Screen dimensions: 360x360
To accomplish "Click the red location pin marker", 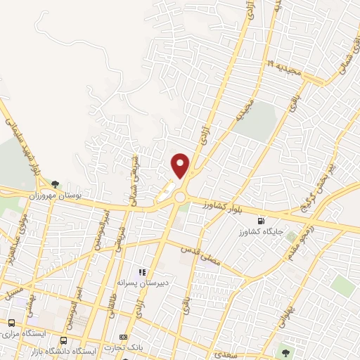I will point(181,165).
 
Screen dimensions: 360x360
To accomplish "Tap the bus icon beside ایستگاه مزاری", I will point(12,323).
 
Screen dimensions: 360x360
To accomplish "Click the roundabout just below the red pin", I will point(181,198).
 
